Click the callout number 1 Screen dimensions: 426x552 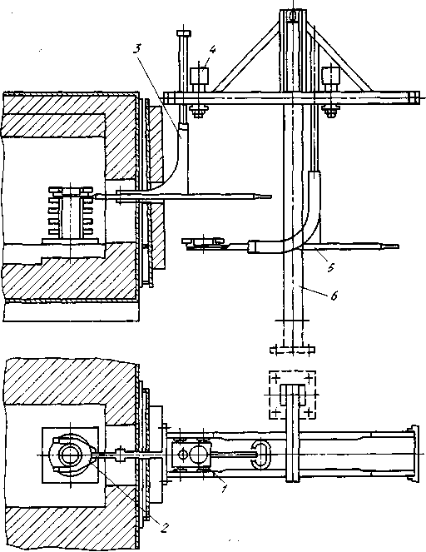coord(224,489)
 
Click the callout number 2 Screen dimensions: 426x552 coord(164,527)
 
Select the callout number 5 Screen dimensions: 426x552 coord(331,267)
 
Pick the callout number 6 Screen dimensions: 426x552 coord(334,296)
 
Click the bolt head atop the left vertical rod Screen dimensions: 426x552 coord(185,34)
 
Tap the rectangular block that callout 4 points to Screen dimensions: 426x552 coord(200,76)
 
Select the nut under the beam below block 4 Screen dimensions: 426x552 coord(199,112)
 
